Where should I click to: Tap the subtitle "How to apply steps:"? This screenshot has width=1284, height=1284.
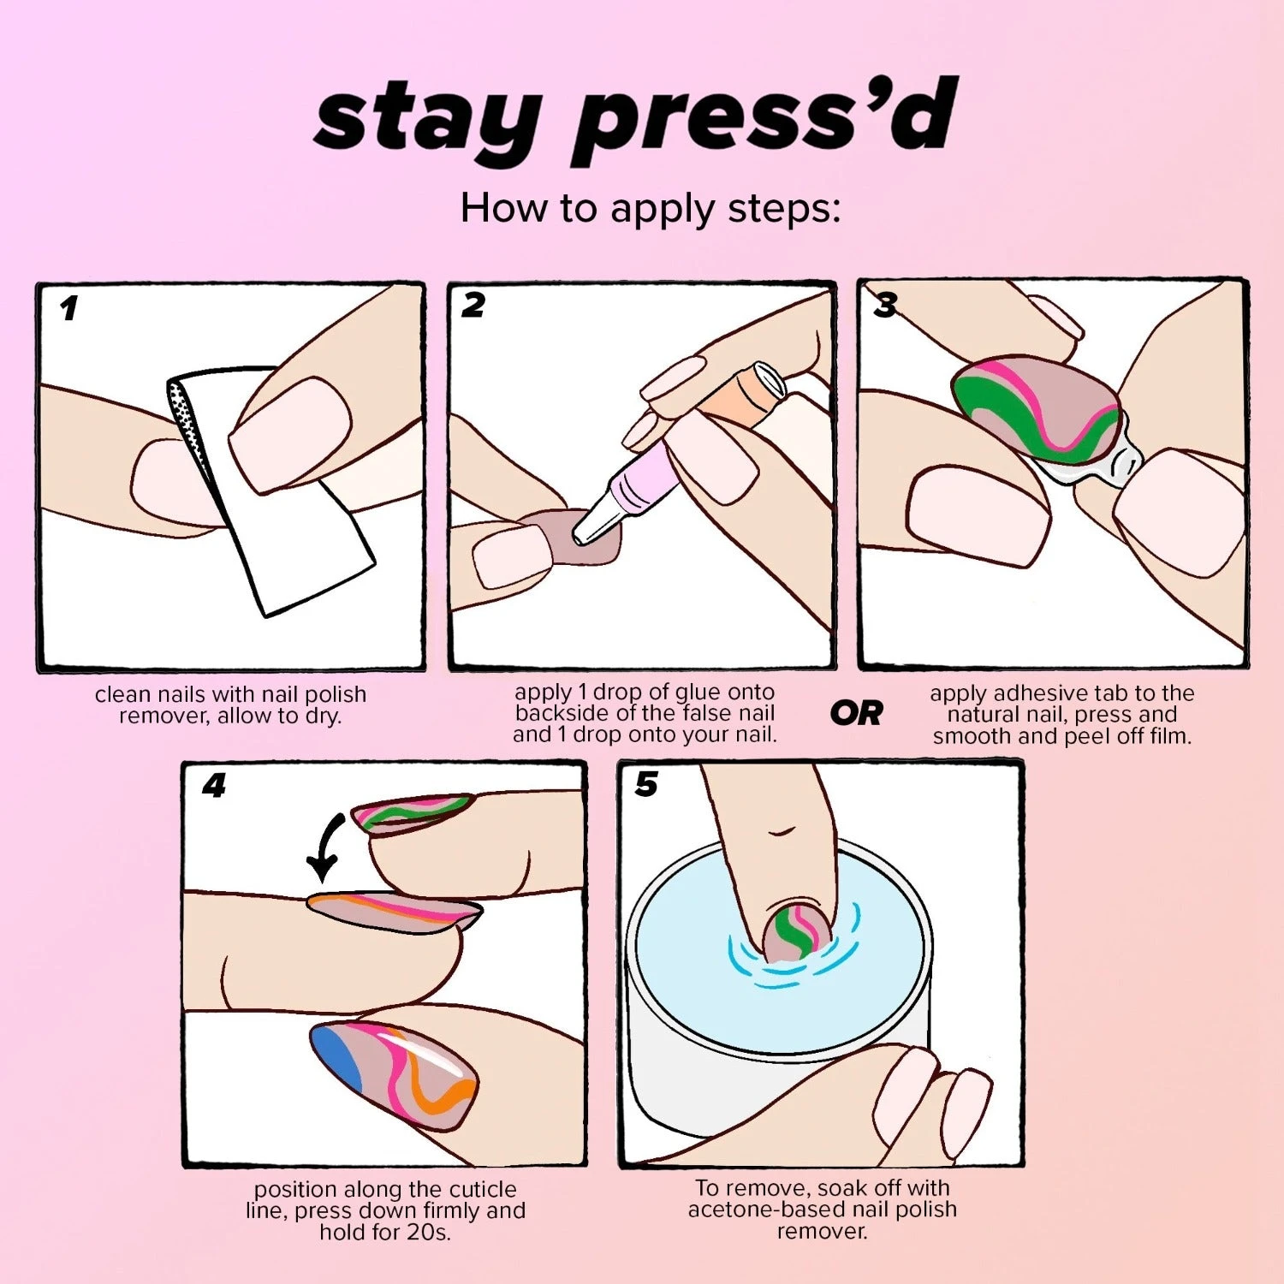click(x=651, y=208)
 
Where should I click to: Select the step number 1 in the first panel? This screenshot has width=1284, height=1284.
click(x=68, y=308)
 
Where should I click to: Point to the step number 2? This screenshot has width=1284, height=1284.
click(x=473, y=305)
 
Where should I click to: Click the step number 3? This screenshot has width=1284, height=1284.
click(x=885, y=305)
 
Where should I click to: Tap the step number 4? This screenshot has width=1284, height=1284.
click(x=214, y=785)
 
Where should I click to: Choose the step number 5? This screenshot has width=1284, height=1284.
click(x=646, y=784)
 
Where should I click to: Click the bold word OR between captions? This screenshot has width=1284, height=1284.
click(x=855, y=713)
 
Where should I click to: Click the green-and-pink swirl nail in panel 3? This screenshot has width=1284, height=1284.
click(x=1036, y=407)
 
